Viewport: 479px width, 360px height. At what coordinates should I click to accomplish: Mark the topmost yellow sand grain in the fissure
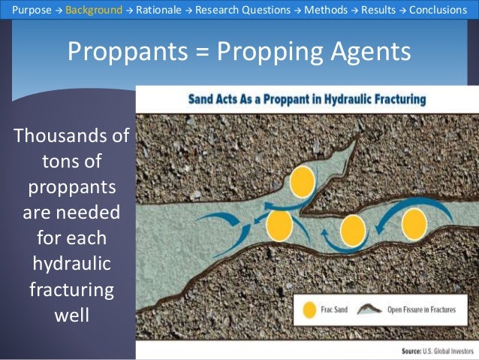click(302, 182)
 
